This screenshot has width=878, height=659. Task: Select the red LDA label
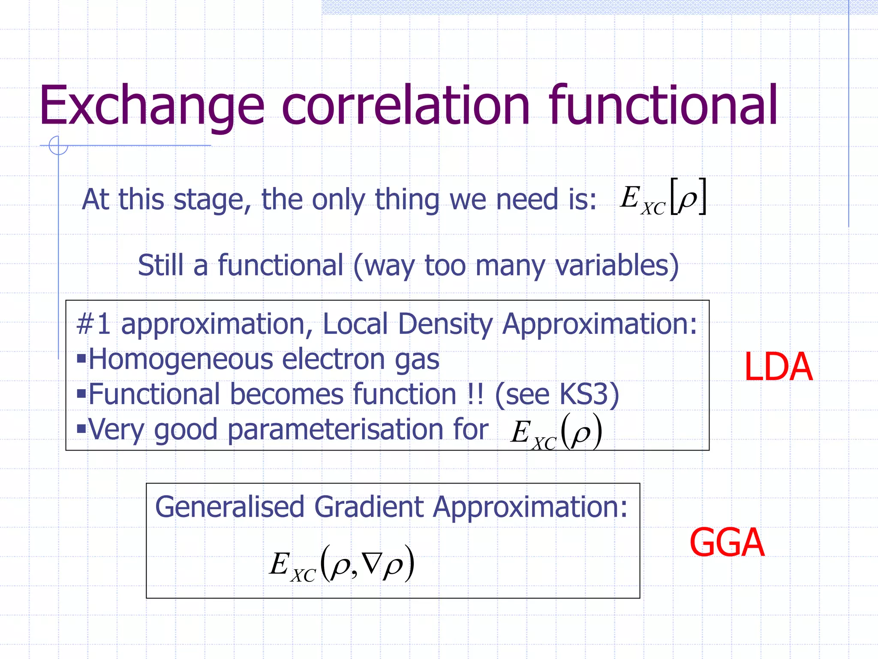tap(778, 367)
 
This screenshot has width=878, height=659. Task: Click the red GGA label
tap(727, 543)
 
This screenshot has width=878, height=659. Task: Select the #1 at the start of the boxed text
tap(93, 324)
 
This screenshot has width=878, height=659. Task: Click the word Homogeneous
tap(180, 359)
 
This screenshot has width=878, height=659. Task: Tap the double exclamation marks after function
tap(475, 394)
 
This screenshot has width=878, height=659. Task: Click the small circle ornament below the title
tap(58, 145)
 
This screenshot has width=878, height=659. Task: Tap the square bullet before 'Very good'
tap(81, 429)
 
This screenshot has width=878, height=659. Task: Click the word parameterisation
tap(358, 429)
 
